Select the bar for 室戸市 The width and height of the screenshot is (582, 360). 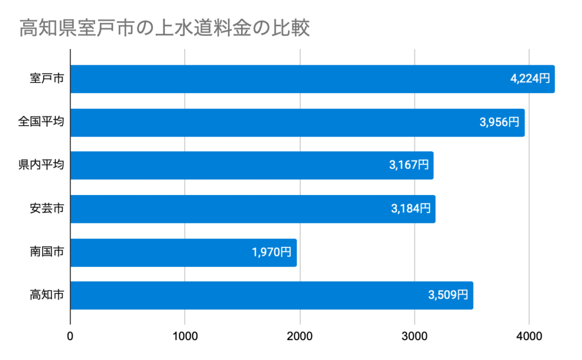(x=284, y=79)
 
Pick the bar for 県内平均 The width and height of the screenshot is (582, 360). (x=227, y=165)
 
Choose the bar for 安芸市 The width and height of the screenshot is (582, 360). (x=227, y=209)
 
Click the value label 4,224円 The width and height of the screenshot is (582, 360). (x=530, y=79)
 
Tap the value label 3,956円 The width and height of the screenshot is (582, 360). (x=500, y=122)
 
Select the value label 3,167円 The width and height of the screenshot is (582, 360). (x=409, y=165)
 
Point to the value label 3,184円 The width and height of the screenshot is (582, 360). (x=410, y=209)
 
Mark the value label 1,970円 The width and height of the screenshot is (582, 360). (x=272, y=252)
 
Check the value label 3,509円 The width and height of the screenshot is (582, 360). (x=448, y=295)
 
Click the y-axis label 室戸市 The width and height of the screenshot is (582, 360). (x=47, y=79)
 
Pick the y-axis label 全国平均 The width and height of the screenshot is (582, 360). (x=40, y=122)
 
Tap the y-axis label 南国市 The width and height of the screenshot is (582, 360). (x=47, y=252)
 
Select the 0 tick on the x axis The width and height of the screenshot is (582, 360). (x=70, y=336)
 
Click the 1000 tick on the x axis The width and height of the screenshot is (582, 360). (x=185, y=336)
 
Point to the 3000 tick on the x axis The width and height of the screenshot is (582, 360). (x=415, y=336)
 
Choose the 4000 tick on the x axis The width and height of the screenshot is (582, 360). (x=529, y=336)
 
